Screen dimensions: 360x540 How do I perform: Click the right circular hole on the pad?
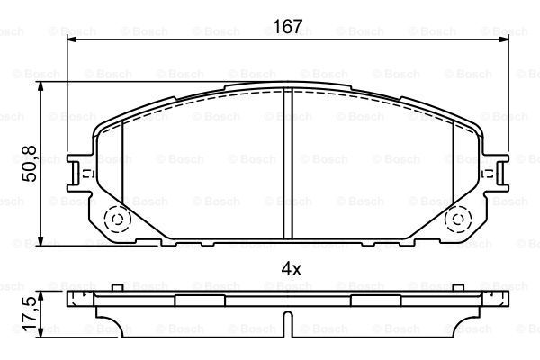(x=458, y=219)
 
